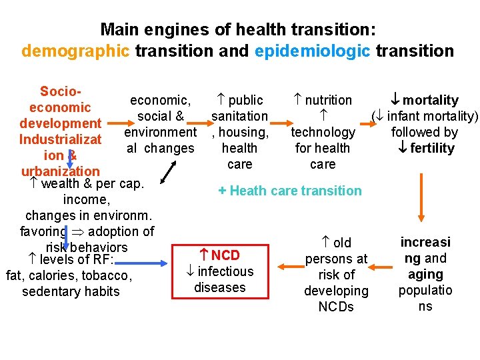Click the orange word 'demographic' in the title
75,51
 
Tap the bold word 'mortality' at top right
431,101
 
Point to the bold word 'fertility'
432,149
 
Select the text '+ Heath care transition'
289,191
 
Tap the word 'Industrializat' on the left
60,139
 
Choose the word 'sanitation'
239,117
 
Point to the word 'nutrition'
328,101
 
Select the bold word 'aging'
425,274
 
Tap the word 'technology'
323,133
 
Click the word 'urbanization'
60,171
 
